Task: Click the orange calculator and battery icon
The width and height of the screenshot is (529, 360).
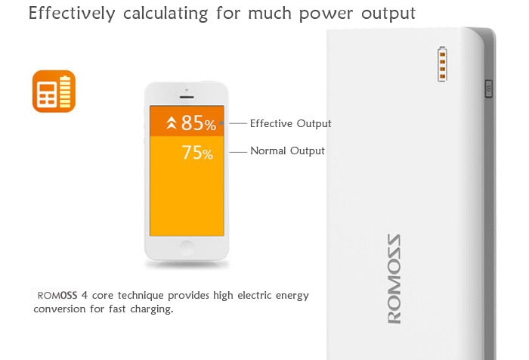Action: [54, 92]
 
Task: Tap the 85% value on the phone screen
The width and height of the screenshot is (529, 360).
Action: [198, 123]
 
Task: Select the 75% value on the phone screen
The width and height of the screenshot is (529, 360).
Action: [197, 152]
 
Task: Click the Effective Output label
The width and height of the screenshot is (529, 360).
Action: [290, 123]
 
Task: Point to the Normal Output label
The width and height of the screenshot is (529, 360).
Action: [287, 151]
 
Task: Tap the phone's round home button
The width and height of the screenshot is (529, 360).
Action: [187, 248]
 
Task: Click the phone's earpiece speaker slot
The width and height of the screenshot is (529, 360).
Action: [187, 98]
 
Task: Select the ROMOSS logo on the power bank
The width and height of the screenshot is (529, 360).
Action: [394, 279]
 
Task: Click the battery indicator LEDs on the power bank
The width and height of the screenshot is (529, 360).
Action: [442, 64]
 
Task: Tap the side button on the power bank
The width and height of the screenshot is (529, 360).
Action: [489, 88]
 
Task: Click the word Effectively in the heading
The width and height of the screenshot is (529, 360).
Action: [72, 14]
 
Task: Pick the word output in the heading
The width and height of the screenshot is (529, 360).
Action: [388, 14]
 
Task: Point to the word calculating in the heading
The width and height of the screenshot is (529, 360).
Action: [166, 14]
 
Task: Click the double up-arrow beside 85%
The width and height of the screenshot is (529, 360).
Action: [172, 123]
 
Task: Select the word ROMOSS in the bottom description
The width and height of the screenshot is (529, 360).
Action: [57, 296]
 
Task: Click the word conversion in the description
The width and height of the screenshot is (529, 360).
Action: [60, 309]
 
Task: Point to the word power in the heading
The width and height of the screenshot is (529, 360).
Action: [326, 14]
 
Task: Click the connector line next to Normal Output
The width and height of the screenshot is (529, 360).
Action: [238, 152]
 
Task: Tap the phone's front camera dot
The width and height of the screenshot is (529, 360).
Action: [187, 90]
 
